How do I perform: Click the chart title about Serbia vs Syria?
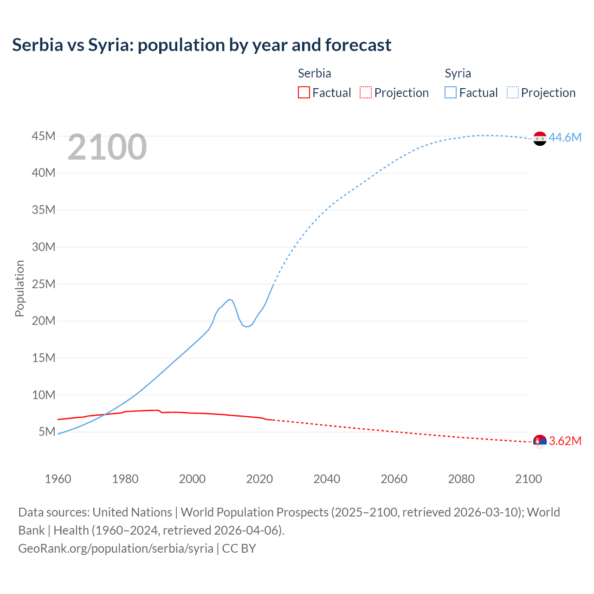click(x=201, y=45)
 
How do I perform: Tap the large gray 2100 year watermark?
click(x=107, y=147)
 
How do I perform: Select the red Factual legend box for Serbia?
click(x=303, y=92)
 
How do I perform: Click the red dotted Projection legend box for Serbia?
click(x=366, y=92)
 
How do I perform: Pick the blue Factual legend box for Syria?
click(x=450, y=92)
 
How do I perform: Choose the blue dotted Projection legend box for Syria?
click(x=512, y=92)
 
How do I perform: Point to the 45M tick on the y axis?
click(x=44, y=136)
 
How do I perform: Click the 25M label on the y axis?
click(x=44, y=284)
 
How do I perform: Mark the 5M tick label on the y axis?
click(x=47, y=432)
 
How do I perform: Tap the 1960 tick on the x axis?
click(x=58, y=479)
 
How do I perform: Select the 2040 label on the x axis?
click(x=327, y=479)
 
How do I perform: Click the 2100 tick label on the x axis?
click(x=528, y=479)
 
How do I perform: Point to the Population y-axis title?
click(x=19, y=288)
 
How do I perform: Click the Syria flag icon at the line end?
click(x=540, y=138)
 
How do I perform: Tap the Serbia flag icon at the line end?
click(x=540, y=441)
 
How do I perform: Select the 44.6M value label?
click(x=565, y=137)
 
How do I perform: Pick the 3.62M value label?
click(x=565, y=441)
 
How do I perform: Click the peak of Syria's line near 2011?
click(x=229, y=299)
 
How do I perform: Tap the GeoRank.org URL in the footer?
click(x=116, y=549)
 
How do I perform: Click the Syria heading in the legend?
click(x=458, y=73)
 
